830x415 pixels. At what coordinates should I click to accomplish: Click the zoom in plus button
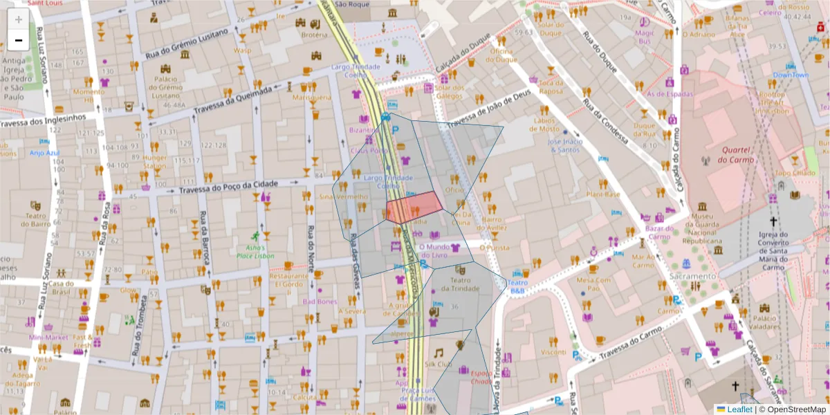(x=19, y=19)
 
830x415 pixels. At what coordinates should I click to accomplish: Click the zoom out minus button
(x=19, y=40)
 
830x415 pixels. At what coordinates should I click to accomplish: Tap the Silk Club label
(x=438, y=364)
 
